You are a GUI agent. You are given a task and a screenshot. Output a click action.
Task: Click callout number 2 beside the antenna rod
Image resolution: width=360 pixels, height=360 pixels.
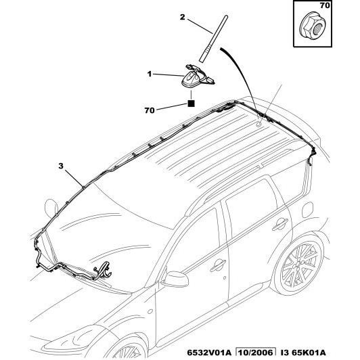[182, 17]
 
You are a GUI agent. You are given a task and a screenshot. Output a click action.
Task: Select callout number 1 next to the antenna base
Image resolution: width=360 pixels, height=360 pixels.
[150, 74]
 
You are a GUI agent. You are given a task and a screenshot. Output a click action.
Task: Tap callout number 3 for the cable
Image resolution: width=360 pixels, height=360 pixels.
[61, 166]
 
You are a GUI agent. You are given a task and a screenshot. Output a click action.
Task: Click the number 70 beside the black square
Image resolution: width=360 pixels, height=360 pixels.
[150, 110]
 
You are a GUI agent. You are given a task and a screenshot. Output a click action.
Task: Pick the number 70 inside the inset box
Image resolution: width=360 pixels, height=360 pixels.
[325, 5]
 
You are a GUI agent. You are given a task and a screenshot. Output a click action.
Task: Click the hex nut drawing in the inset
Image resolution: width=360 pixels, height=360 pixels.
[313, 26]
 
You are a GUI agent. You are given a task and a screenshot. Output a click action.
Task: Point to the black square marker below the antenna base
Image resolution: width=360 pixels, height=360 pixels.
[191, 104]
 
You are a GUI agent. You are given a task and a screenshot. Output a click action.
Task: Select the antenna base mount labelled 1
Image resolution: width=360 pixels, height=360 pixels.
[198, 76]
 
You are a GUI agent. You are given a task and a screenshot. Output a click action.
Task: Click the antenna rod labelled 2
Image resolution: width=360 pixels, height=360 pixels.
[214, 39]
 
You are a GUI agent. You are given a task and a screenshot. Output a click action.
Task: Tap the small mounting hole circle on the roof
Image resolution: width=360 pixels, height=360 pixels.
[258, 125]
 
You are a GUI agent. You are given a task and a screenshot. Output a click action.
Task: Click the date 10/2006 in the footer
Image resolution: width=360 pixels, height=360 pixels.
[256, 353]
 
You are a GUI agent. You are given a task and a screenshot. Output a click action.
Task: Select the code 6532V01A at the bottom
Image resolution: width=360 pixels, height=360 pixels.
[209, 353]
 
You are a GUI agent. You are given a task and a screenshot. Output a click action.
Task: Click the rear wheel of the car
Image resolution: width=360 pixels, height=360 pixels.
[299, 265]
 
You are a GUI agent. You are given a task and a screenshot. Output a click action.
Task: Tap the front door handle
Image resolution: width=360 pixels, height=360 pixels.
[218, 265]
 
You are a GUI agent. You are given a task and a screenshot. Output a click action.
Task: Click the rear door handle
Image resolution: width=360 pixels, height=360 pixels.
[280, 223]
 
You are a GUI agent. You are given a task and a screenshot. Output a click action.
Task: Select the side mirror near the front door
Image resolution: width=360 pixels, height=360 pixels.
[175, 279]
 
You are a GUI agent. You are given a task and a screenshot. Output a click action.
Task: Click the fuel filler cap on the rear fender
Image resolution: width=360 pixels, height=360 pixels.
[307, 210]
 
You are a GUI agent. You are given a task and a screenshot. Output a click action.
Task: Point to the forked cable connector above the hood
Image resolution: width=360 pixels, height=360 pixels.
[103, 271]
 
